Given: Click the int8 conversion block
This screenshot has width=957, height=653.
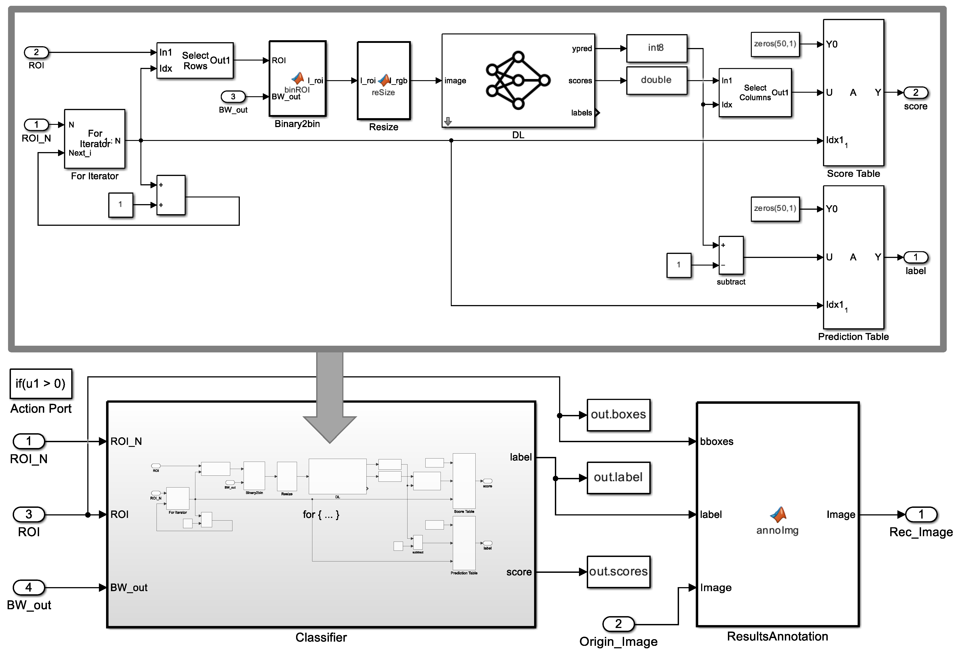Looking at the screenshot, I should (x=656, y=48).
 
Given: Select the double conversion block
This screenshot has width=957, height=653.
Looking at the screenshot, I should (x=656, y=80).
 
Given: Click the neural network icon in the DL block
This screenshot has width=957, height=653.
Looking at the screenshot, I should (x=518, y=80).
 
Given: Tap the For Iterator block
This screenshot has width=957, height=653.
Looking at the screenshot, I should (x=95, y=139).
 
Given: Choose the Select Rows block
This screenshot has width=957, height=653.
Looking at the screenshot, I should (x=195, y=61).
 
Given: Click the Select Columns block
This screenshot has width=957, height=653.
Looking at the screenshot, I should (x=755, y=93).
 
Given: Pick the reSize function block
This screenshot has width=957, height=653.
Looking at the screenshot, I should (x=383, y=81).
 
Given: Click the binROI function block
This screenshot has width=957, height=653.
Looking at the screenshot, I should (x=297, y=79).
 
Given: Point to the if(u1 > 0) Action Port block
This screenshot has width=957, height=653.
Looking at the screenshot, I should (x=41, y=384).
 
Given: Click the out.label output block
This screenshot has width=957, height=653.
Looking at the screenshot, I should (x=618, y=477).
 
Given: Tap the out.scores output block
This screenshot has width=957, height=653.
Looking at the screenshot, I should (x=618, y=571).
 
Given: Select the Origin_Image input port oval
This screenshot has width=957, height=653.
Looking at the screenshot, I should (x=618, y=624).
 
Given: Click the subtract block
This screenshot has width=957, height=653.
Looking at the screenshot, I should (x=731, y=255).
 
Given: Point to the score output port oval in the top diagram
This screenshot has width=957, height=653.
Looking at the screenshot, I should (x=915, y=93).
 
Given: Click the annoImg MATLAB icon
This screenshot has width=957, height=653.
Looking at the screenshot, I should (x=778, y=515).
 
